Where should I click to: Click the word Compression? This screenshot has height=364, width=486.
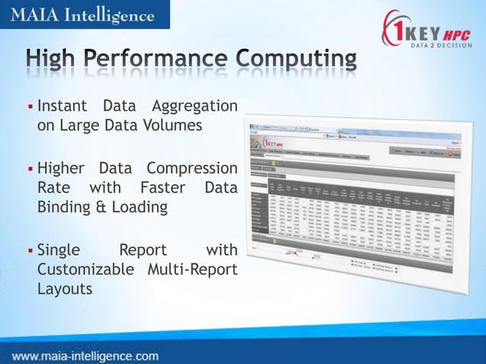192,168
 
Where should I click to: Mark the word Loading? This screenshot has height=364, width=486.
139,207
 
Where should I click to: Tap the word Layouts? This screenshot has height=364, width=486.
65,290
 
